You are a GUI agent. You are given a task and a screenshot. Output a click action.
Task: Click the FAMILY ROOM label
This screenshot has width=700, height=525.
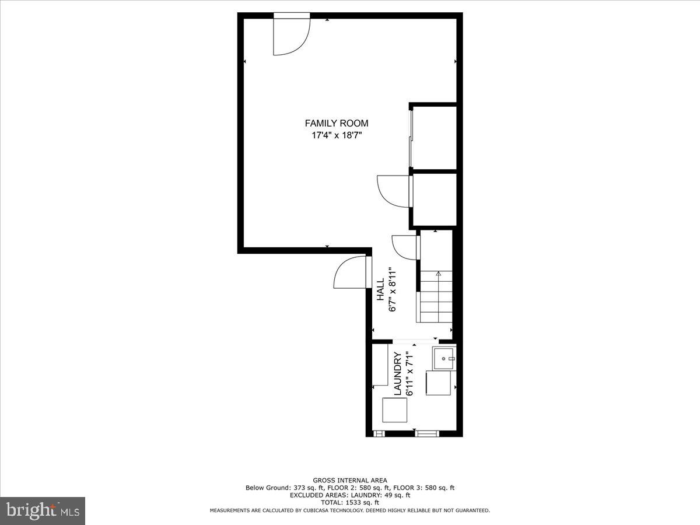pos(337,123)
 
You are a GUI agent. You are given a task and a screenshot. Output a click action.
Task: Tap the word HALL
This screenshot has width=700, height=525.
pos(380,289)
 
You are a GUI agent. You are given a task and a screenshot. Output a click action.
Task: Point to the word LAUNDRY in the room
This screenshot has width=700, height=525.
pos(398,374)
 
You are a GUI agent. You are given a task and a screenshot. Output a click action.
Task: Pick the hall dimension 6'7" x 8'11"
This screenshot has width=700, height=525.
pos(393,289)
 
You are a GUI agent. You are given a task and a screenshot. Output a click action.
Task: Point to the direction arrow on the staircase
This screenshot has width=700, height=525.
pos(438,274)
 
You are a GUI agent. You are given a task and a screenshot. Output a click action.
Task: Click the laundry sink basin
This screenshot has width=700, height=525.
pos(443,358)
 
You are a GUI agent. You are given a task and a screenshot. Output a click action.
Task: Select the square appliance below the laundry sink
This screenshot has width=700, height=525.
pos(437,383)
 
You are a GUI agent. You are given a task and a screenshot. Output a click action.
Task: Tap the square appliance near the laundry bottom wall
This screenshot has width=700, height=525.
pos(395,409)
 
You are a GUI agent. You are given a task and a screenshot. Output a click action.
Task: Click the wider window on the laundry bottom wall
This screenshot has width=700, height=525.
pos(427,433)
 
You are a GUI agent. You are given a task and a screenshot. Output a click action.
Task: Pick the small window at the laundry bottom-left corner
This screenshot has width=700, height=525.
pos(379,433)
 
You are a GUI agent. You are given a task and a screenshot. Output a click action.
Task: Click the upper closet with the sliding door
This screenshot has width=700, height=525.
pos(434,137)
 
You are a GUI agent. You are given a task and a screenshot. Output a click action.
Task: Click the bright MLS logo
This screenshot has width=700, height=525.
pos(43,510)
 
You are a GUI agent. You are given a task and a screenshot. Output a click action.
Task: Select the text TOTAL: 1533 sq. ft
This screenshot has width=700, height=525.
pos(350,502)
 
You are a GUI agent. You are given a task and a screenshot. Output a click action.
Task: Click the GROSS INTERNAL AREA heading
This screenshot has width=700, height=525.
pos(350,481)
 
